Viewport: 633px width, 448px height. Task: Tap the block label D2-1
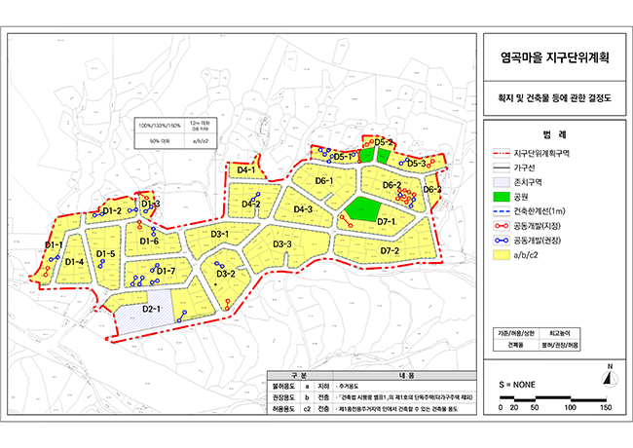(x=151, y=309)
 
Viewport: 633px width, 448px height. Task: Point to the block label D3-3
(x=283, y=243)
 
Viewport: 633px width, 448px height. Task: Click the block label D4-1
(x=246, y=170)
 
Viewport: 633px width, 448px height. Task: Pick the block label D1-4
(x=74, y=261)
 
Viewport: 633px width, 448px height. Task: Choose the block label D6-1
(x=324, y=181)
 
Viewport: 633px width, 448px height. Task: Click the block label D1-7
(x=166, y=271)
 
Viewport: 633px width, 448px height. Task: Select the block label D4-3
(x=303, y=209)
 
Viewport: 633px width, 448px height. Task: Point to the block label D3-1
(x=220, y=234)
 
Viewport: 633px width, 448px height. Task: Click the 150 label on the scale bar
(x=605, y=407)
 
